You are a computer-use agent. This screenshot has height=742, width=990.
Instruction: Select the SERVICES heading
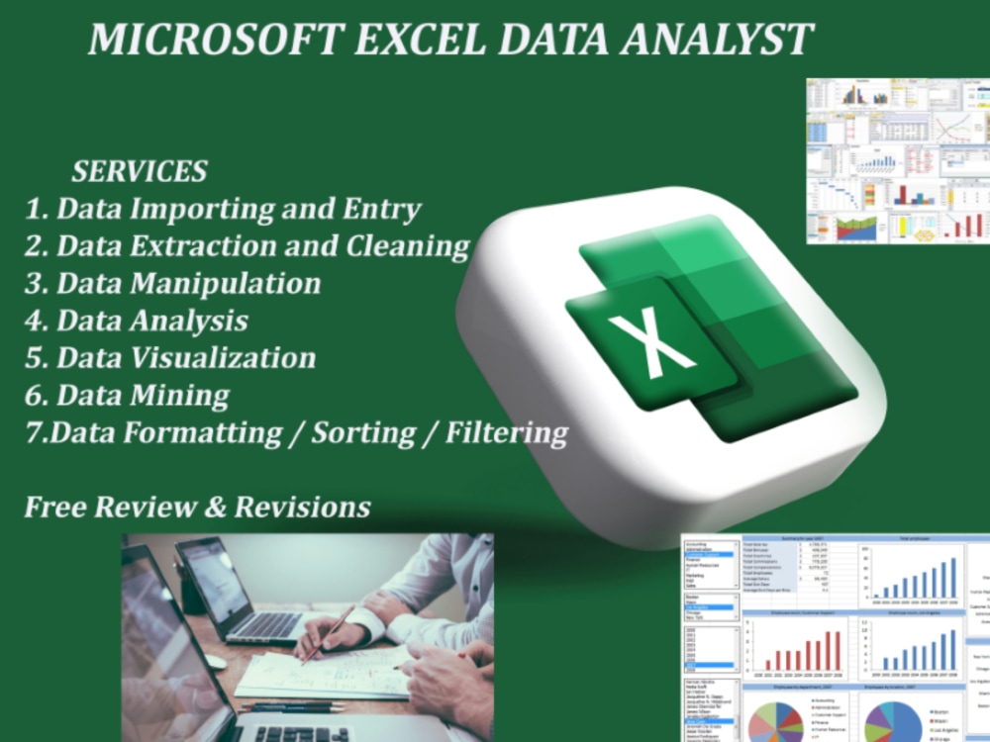[x=139, y=171]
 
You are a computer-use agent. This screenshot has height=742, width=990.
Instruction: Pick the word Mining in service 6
[x=181, y=396]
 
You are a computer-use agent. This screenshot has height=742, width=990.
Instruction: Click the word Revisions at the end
[x=302, y=508]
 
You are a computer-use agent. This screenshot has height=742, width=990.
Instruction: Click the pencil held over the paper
[x=327, y=633]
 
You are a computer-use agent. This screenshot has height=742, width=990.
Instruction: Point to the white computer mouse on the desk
[x=215, y=661]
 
